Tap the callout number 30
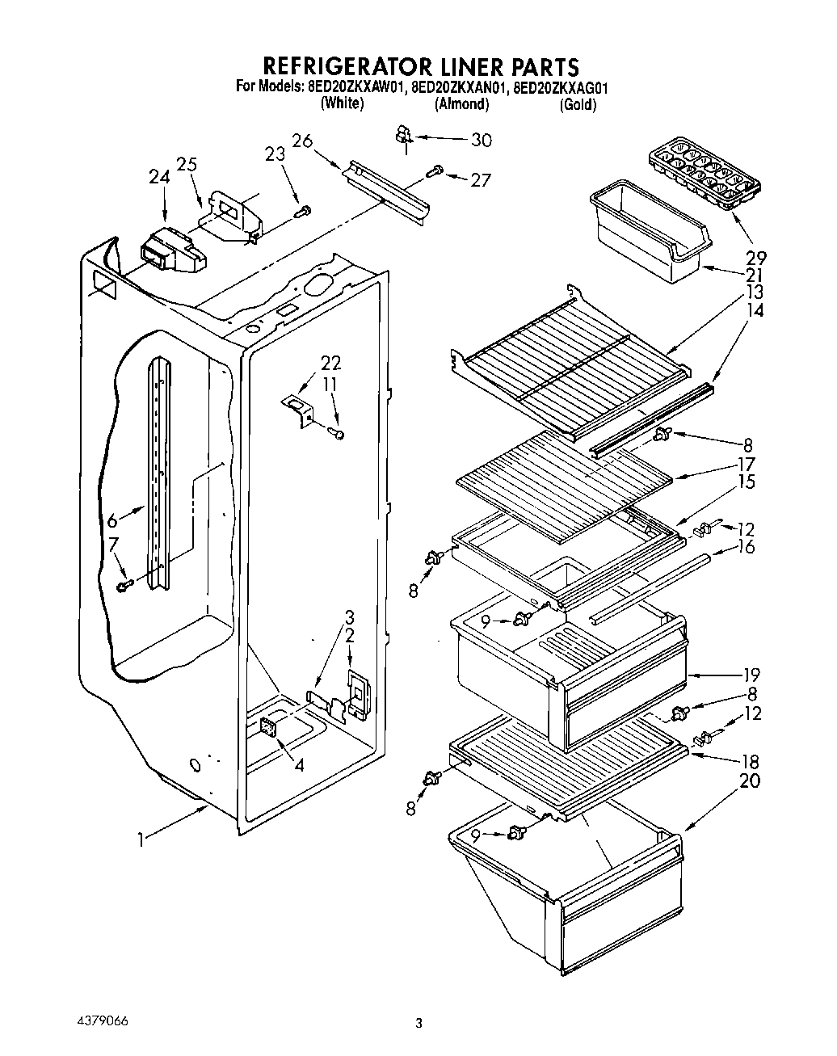[x=481, y=140]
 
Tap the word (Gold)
[x=577, y=105]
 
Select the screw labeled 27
[x=435, y=171]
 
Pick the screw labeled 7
[x=124, y=584]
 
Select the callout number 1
[x=141, y=840]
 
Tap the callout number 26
[x=302, y=141]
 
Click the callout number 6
[x=113, y=521]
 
